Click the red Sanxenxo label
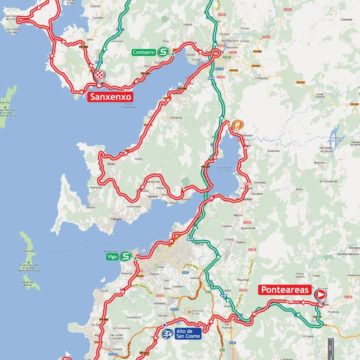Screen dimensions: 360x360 [x=111, y=97]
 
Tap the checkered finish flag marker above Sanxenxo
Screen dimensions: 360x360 [x=100, y=76]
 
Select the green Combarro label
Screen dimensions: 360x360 [x=143, y=51]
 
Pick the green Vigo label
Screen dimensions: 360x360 [x=111, y=256]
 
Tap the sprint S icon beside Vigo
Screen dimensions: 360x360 [x=126, y=256]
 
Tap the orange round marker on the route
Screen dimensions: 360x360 [x=238, y=126]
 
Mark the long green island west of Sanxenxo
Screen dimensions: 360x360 [x=8, y=100]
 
